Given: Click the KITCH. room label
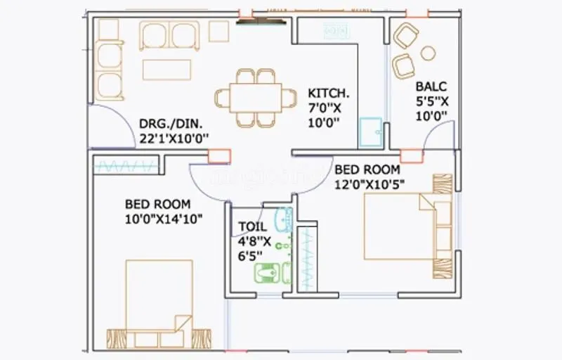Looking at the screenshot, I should pos(328,93).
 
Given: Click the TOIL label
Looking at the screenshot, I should pos(251,226).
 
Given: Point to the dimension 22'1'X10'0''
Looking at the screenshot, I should pos(174,139).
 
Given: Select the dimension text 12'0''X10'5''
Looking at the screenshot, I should pos(370,184).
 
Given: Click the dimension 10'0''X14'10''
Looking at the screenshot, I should pos(164,219).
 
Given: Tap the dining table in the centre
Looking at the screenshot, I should pos(249,97).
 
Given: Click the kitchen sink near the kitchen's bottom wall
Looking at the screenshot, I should pos(370,132).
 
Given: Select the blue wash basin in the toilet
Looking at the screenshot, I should pos(283,219).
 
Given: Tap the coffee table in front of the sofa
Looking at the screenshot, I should pos(167,69).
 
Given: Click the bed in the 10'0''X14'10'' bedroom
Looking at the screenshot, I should pos(159,302).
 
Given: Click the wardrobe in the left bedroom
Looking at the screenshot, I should pos(126,166).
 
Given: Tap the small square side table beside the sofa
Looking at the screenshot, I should pos(219,30).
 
